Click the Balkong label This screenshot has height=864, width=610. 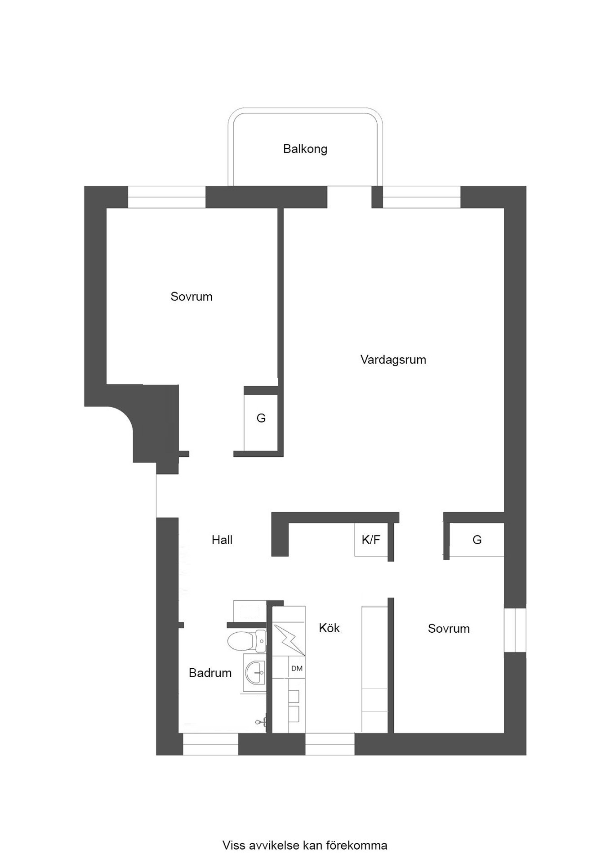pyautogui.click(x=305, y=149)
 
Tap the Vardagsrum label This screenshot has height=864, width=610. pyautogui.click(x=393, y=360)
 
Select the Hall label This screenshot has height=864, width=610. pyautogui.click(x=222, y=540)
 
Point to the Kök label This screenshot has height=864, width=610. pyautogui.click(x=329, y=628)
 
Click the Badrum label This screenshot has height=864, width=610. pyautogui.click(x=210, y=673)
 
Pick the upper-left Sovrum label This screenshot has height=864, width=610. pyautogui.click(x=191, y=297)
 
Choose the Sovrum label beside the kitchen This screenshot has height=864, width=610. pyautogui.click(x=449, y=629)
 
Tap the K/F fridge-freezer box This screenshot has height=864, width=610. pyautogui.click(x=371, y=540)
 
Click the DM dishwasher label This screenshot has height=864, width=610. pyautogui.click(x=297, y=668)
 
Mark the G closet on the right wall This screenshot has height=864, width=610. pyautogui.click(x=476, y=540)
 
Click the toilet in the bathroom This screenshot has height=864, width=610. pyautogui.click(x=247, y=641)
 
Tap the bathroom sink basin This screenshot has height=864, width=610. pyautogui.click(x=255, y=673)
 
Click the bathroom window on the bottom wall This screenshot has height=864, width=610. pyautogui.click(x=210, y=744)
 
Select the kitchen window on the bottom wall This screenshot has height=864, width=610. pyautogui.click(x=330, y=744)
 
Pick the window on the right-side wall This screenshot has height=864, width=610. pyautogui.click(x=515, y=630)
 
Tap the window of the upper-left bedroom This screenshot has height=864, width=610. pyautogui.click(x=167, y=197)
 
